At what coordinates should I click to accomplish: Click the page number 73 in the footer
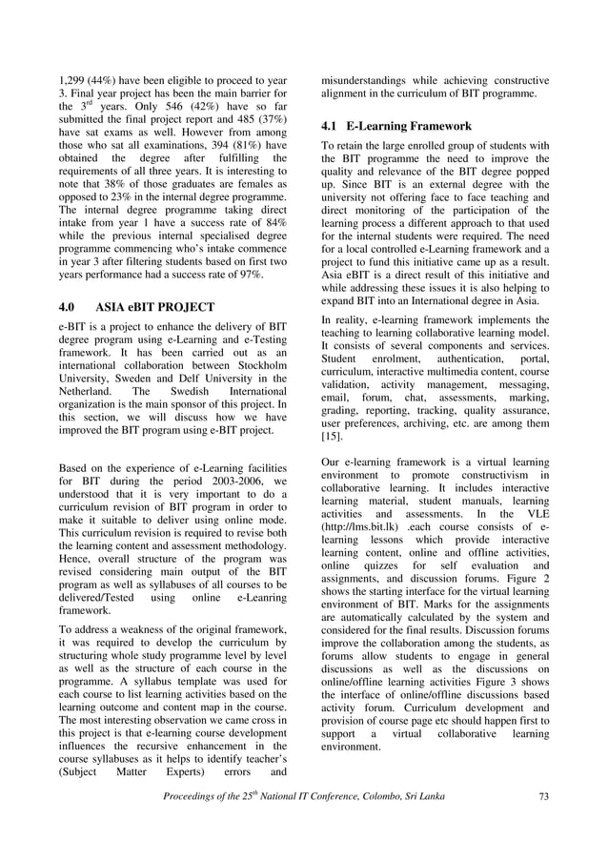point(543,796)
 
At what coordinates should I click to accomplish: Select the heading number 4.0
point(70,308)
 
